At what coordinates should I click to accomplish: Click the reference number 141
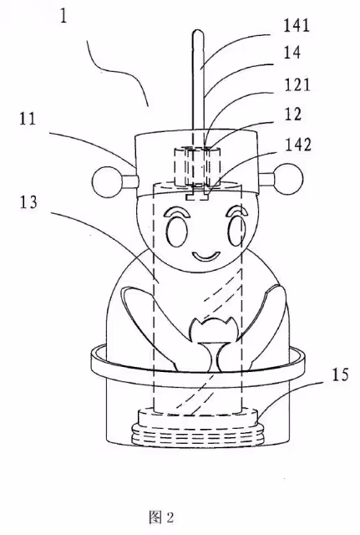click(x=297, y=26)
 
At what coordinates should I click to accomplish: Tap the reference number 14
click(x=292, y=53)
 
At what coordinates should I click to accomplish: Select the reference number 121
click(x=297, y=84)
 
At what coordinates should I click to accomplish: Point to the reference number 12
click(x=293, y=114)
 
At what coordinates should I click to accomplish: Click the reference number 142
click(x=298, y=145)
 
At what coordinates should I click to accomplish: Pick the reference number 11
click(x=28, y=119)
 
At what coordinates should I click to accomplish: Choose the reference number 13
click(x=28, y=202)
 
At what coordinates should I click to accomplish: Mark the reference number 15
click(x=339, y=374)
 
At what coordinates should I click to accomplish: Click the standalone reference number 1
click(x=63, y=15)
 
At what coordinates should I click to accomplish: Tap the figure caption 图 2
click(x=161, y=517)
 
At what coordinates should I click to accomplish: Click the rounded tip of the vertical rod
click(x=199, y=32)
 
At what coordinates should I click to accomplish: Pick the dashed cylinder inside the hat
click(x=196, y=166)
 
